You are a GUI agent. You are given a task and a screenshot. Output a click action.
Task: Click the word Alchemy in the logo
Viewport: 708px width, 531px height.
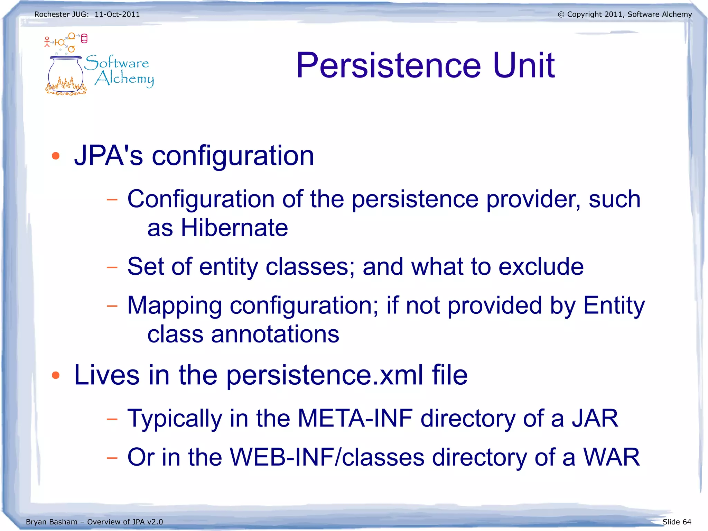click(124, 79)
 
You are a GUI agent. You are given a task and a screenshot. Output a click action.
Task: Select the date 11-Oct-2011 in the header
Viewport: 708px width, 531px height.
click(117, 15)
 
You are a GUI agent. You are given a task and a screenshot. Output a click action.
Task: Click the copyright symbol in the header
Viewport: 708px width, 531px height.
click(561, 15)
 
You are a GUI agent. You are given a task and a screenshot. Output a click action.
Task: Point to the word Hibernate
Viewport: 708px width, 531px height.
click(234, 228)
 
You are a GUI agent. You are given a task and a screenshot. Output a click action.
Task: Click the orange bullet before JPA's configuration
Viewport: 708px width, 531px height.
click(56, 156)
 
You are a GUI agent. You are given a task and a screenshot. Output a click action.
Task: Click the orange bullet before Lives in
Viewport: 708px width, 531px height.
click(56, 375)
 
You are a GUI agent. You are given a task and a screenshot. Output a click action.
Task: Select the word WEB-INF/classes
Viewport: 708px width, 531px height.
click(327, 457)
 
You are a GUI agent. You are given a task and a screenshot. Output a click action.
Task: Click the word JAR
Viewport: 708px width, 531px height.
click(595, 419)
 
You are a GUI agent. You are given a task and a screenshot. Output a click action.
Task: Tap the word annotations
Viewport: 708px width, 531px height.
click(275, 335)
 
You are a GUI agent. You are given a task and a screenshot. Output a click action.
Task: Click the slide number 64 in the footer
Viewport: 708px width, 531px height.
click(687, 522)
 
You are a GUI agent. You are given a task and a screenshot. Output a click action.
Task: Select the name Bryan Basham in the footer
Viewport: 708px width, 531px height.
click(52, 522)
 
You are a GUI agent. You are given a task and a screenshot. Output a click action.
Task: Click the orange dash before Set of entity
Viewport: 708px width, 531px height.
click(112, 267)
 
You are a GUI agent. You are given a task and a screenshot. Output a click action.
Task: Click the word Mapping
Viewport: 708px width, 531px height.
click(175, 306)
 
